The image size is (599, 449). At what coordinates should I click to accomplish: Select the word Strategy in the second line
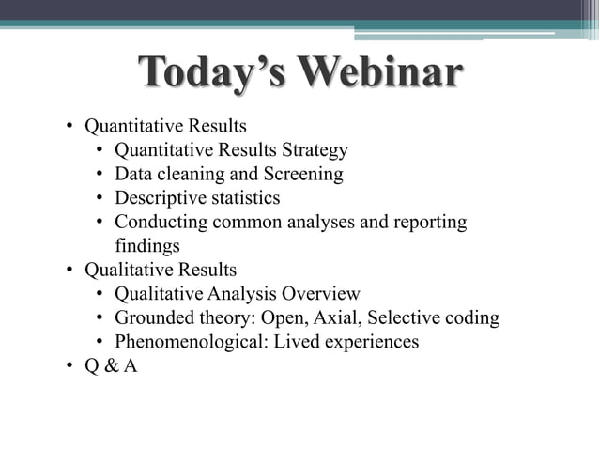[x=315, y=149]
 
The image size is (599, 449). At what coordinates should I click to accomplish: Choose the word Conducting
[x=161, y=223]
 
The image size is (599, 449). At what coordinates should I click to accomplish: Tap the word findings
[x=146, y=246]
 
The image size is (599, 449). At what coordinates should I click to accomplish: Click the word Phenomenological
[x=191, y=342]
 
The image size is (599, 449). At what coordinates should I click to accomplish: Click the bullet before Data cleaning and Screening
[x=100, y=175]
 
